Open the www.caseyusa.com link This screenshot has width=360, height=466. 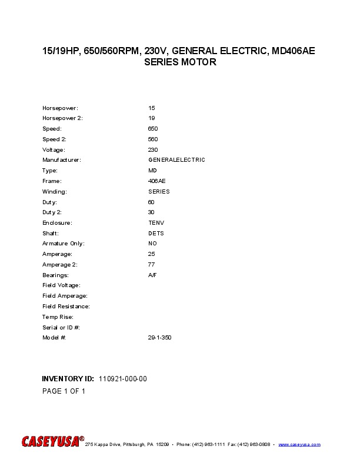[299, 444]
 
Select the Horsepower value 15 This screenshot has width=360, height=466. [152, 108]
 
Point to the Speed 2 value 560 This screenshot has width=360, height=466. [153, 139]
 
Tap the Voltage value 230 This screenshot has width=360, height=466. [153, 150]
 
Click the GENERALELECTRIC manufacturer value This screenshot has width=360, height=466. [176, 160]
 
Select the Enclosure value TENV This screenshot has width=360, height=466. [156, 223]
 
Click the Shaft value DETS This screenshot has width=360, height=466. [156, 234]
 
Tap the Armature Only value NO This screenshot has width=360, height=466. [152, 244]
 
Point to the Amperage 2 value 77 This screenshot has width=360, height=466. [152, 265]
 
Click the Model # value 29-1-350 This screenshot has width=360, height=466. [160, 338]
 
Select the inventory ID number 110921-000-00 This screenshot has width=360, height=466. [123, 379]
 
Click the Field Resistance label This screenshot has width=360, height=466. [66, 307]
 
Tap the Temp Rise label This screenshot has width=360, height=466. [58, 317]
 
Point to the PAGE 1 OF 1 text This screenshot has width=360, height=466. [64, 391]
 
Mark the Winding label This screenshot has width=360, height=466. [55, 192]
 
